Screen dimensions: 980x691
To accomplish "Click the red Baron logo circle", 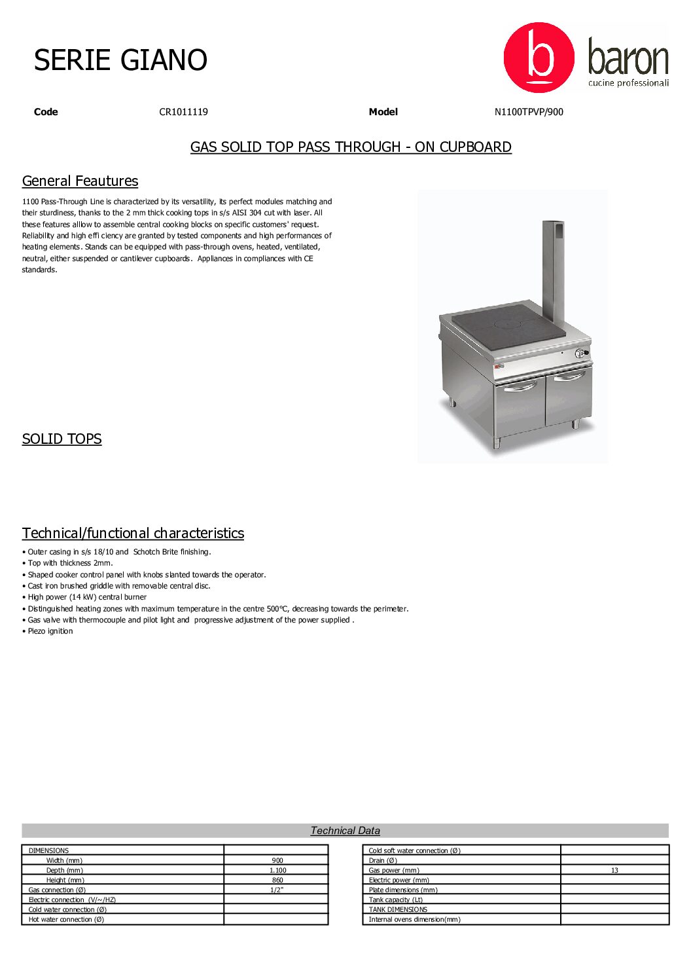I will pyautogui.click(x=539, y=58).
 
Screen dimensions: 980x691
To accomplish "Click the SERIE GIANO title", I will pyautogui.click(x=120, y=60).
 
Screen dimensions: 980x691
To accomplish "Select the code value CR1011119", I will pyautogui.click(x=183, y=112).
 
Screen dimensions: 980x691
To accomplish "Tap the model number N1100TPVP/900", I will pyautogui.click(x=528, y=112).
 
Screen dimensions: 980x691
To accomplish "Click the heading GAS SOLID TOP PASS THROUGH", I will pyautogui.click(x=351, y=147).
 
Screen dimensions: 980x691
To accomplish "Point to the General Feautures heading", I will pyautogui.click(x=80, y=181).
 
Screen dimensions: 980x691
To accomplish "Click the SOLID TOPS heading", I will pyautogui.click(x=62, y=439).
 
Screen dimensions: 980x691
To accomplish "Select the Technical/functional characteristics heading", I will pyautogui.click(x=133, y=533).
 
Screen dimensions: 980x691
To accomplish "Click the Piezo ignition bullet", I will pyautogui.click(x=50, y=631).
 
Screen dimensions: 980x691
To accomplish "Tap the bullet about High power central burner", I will pyautogui.click(x=86, y=597).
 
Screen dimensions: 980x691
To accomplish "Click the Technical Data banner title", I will pyautogui.click(x=345, y=830).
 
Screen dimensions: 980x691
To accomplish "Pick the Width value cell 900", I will pyautogui.click(x=277, y=860).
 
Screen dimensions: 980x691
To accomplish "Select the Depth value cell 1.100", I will pyautogui.click(x=277, y=870).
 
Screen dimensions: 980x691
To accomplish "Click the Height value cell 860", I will pyautogui.click(x=277, y=880).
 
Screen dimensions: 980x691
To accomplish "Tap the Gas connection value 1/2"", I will pyautogui.click(x=277, y=890).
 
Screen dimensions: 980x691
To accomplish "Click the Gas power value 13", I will pyautogui.click(x=614, y=870).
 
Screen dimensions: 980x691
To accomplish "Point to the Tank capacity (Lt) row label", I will pyautogui.click(x=395, y=899).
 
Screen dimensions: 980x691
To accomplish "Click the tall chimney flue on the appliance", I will pyautogui.click(x=553, y=268).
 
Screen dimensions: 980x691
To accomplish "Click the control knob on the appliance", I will pyautogui.click(x=580, y=354).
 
